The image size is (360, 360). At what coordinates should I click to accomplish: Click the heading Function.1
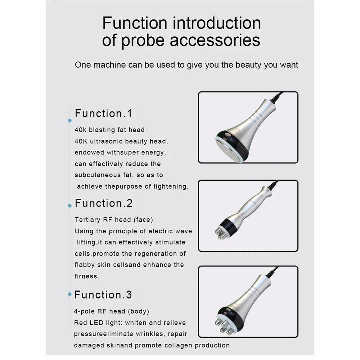tap(103, 113)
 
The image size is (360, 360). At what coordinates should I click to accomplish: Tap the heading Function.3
tap(103, 295)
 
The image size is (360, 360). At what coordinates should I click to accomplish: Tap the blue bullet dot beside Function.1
tap(70, 121)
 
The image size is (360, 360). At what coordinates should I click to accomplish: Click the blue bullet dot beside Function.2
tap(70, 206)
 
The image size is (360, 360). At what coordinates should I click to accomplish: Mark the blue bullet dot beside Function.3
tap(70, 294)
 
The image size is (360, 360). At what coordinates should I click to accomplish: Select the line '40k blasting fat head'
tap(109, 130)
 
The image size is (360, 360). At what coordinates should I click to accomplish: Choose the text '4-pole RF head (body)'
tap(111, 311)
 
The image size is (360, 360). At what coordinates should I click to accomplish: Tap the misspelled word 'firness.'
tap(86, 276)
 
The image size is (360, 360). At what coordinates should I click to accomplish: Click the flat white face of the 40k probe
tap(231, 149)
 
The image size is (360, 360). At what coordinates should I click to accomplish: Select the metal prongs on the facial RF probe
tap(220, 234)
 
